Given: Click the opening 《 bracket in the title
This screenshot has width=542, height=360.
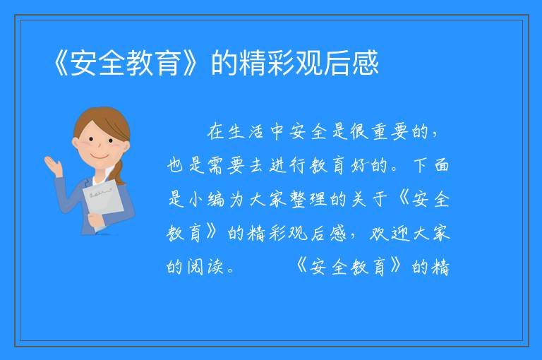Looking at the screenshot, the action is [61, 63].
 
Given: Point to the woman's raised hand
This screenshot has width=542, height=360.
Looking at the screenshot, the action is [53, 166].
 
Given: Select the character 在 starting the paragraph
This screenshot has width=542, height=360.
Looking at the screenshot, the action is [215, 131].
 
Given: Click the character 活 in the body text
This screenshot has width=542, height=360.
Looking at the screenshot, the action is [256, 131].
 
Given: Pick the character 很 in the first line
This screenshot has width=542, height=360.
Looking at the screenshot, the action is [359, 131].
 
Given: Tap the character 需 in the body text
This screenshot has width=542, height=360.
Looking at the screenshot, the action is [216, 166].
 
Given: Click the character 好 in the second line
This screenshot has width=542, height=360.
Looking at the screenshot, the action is [359, 166].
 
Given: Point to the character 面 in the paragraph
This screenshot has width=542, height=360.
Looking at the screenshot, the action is [441, 166].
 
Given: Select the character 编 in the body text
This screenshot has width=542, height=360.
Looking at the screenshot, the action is [216, 200].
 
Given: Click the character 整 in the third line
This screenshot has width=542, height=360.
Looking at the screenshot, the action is [298, 200].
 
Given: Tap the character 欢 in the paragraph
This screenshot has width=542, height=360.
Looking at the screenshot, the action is [379, 234].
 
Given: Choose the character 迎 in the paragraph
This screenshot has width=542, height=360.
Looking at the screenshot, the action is [401, 234].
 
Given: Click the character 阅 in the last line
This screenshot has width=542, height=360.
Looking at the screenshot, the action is [195, 267].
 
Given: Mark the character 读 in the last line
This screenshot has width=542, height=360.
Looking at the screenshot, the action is [216, 267].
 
